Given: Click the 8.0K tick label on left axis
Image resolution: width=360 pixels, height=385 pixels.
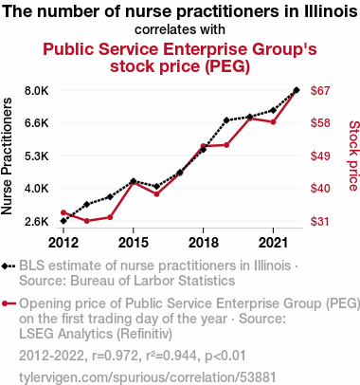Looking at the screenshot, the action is click(37, 91).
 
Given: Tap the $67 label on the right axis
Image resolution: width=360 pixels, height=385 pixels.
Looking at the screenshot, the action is click(320, 91).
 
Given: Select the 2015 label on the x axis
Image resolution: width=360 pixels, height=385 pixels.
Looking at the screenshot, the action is click(134, 243).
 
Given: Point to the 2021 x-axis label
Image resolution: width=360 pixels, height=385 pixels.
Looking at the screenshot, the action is click(273, 243).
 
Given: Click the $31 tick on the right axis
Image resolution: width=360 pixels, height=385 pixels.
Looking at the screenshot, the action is click(320, 221).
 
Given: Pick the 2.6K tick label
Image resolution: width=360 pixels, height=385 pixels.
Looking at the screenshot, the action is click(37, 221).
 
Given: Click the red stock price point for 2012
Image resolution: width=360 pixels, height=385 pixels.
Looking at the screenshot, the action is click(63, 212).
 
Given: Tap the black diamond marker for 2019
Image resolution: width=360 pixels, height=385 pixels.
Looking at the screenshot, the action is click(226, 120).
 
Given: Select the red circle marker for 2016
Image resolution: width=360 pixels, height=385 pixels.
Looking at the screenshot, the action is click(156, 194).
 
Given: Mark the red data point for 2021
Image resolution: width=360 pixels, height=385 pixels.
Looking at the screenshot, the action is click(273, 122).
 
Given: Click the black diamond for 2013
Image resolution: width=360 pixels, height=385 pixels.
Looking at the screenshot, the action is click(87, 204).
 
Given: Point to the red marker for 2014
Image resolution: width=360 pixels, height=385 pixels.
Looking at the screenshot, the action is click(110, 217).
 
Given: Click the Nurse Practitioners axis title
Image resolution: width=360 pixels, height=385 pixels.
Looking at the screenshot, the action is click(7, 156).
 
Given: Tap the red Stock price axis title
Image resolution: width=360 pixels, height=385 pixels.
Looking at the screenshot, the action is click(353, 156).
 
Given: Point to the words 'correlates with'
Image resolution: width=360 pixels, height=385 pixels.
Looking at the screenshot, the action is click(180, 29).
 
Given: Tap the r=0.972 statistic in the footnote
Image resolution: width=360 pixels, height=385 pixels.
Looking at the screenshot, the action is click(115, 356).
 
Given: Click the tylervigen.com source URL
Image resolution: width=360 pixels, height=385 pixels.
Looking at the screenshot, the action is click(148, 377).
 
